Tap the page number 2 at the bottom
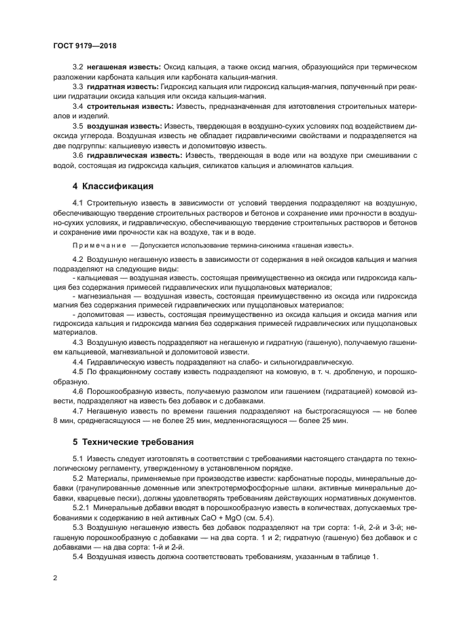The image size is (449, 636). [x=54, y=579]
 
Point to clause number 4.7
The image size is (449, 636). [x=78, y=412]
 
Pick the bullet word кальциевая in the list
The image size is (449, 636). [x=94, y=279]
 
